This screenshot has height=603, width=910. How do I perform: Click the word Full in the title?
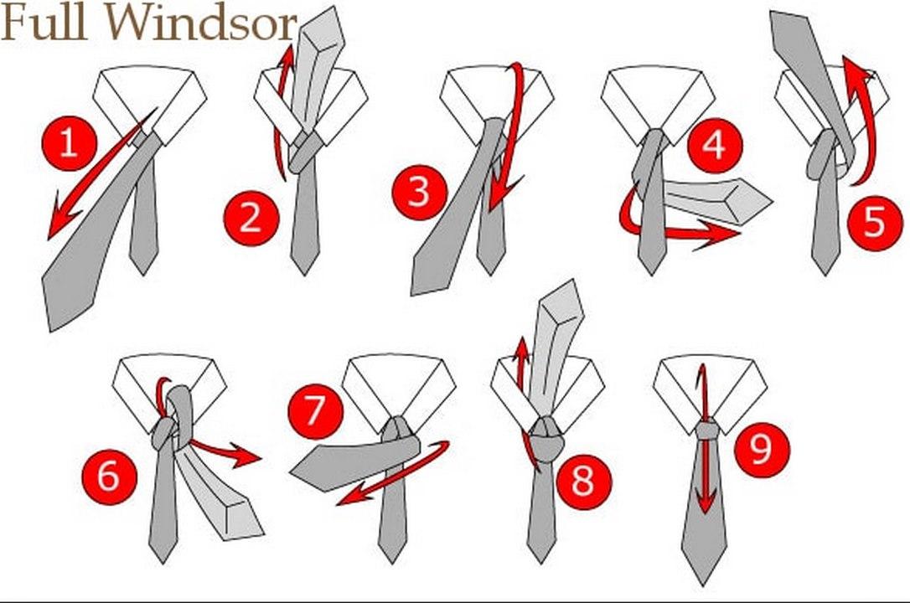44,23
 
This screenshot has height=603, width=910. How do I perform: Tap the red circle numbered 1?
70,143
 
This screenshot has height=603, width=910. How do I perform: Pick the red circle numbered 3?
420,192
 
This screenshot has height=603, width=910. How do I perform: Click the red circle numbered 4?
715,145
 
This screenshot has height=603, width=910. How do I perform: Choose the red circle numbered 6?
110,477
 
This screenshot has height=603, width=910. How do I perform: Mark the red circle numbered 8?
584,481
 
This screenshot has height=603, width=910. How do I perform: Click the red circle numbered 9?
762,448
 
